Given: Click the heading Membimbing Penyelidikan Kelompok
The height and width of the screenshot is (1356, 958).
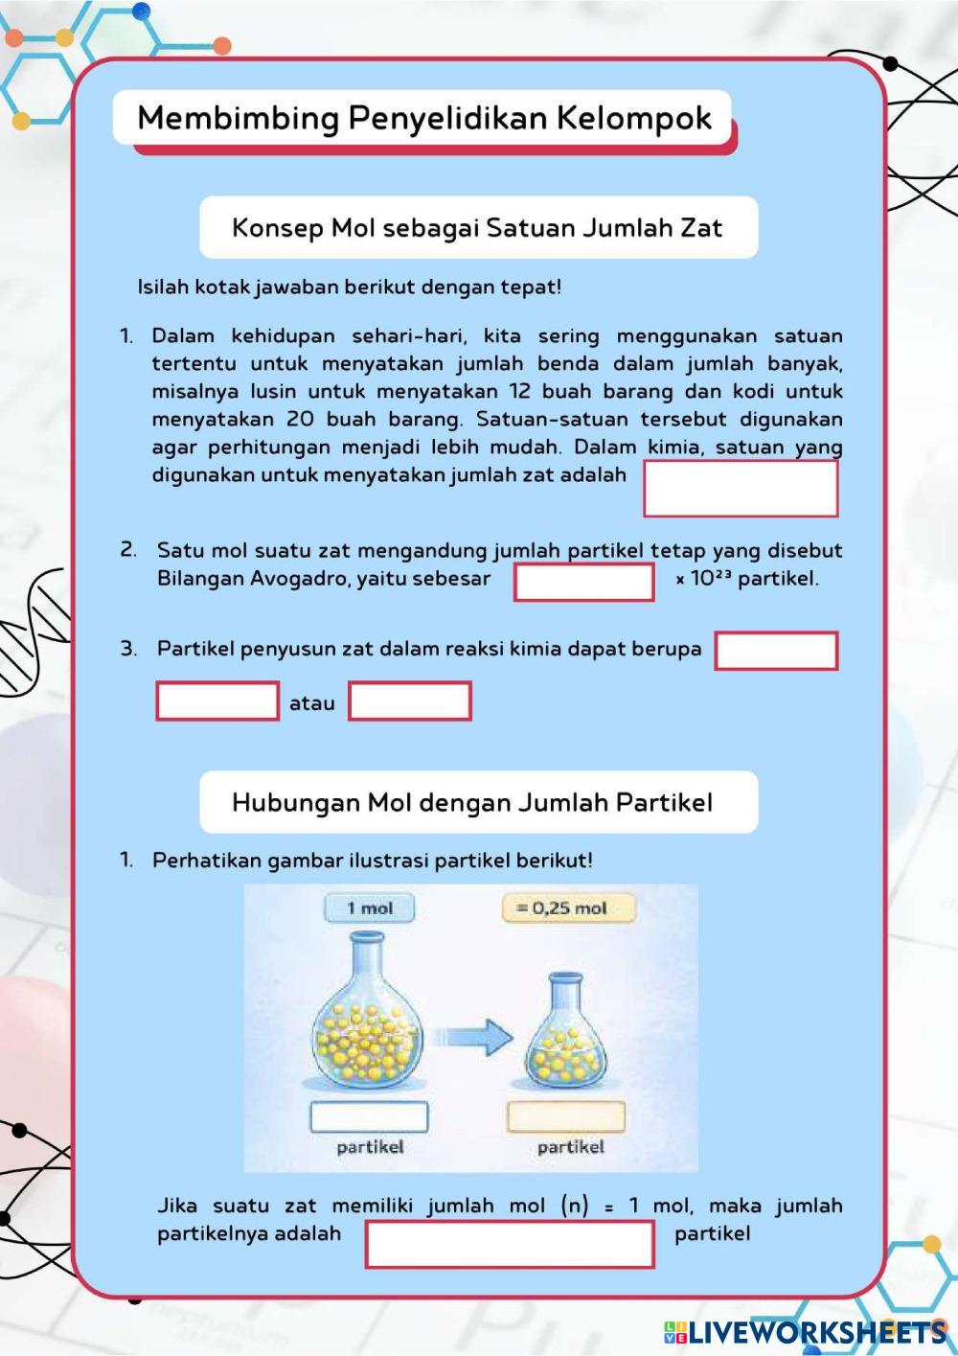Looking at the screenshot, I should [x=424, y=119].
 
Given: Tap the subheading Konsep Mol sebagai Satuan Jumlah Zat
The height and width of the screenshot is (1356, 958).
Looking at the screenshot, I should [x=477, y=228].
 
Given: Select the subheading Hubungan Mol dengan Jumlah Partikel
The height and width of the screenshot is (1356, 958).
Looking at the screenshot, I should [x=472, y=802].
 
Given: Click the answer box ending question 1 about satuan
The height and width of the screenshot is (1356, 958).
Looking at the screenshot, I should [x=741, y=489].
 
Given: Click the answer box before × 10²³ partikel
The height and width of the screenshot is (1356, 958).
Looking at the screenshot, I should [x=583, y=582].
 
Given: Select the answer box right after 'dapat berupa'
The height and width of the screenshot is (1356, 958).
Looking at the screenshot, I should [x=776, y=651].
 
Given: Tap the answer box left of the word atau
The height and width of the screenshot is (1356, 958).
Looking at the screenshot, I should [x=217, y=701].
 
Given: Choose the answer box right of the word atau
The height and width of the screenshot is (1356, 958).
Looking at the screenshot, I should [x=409, y=701].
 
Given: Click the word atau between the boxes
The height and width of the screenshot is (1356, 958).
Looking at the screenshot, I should [x=312, y=702].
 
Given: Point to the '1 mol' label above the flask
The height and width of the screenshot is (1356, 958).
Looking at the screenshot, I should [x=370, y=908].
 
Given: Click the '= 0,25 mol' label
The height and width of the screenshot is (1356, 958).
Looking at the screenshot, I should [x=568, y=908].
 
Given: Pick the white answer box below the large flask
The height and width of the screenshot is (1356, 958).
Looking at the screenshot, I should [x=369, y=1116].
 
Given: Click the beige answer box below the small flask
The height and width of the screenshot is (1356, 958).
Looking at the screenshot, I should [x=565, y=1116].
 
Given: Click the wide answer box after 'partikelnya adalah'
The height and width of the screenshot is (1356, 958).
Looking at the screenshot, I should [x=510, y=1244].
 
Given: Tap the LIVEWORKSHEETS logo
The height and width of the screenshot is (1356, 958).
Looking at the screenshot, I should [x=805, y=1331].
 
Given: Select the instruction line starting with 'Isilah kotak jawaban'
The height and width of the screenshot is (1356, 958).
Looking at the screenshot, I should [x=350, y=287].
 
